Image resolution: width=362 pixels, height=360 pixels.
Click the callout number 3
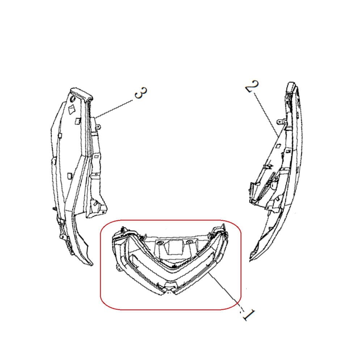(x=140, y=93)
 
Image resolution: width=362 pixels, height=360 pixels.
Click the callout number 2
(x=252, y=86)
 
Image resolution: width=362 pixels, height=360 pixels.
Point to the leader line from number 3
(x=114, y=109)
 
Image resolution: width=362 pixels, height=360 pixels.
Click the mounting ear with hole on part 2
(x=280, y=121)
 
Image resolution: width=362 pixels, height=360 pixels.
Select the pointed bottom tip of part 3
(x=90, y=263)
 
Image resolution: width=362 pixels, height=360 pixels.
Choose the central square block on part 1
(x=175, y=247)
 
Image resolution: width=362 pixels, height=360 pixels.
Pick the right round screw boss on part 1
(x=190, y=242)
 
